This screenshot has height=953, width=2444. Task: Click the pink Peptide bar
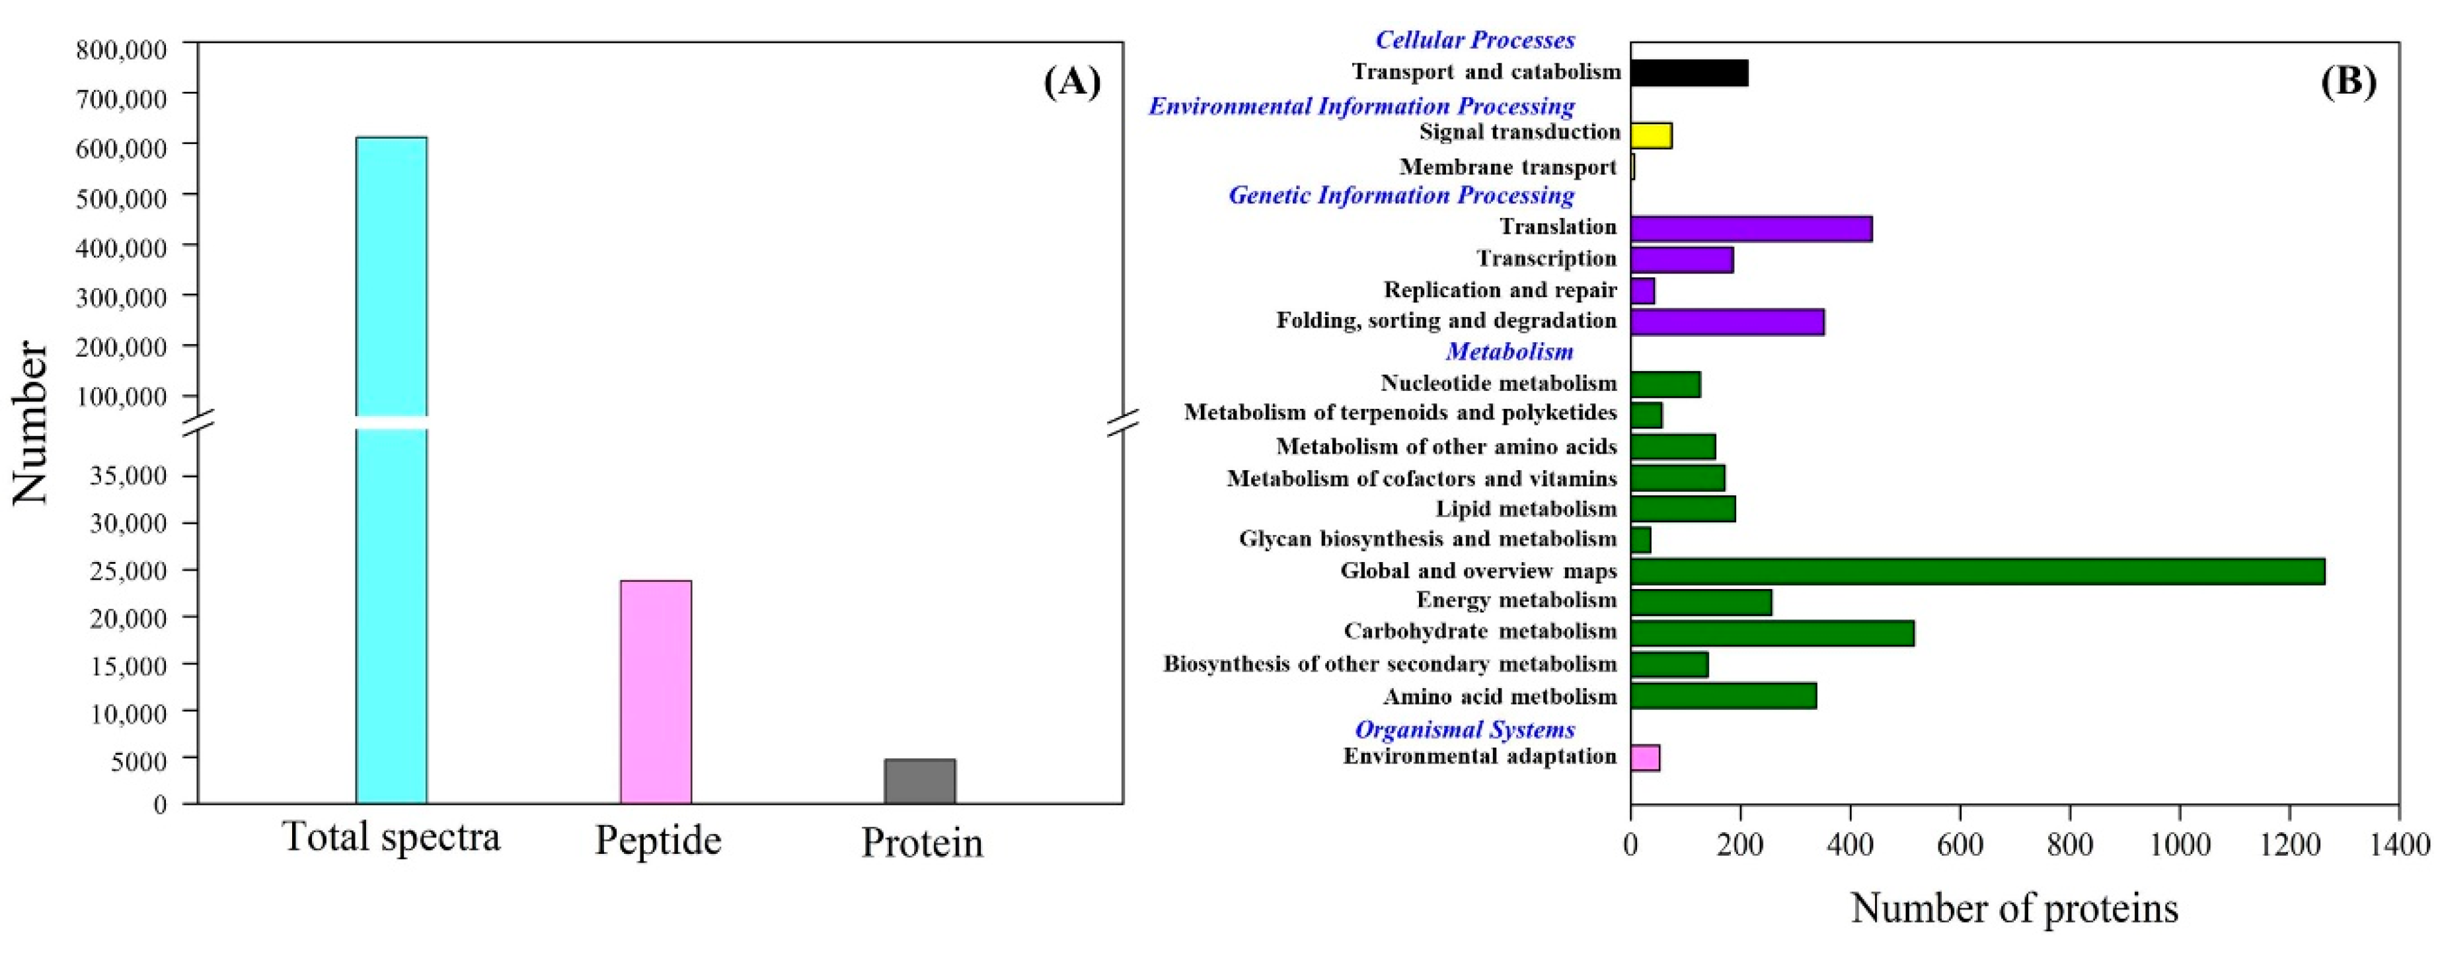click(x=656, y=691)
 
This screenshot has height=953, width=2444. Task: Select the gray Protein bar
click(x=919, y=781)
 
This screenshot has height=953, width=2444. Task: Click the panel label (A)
click(x=1072, y=83)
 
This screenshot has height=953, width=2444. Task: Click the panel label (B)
click(x=2348, y=83)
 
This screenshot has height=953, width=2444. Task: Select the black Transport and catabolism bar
click(x=1689, y=73)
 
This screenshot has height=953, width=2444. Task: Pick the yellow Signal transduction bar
click(x=1651, y=135)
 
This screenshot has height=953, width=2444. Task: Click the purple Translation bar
click(x=1751, y=229)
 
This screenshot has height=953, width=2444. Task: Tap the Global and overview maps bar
click(x=1977, y=572)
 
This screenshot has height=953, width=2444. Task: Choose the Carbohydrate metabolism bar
click(x=1771, y=633)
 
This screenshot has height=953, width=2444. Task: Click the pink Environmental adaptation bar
click(x=1645, y=758)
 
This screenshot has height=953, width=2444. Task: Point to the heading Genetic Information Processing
click(x=1401, y=195)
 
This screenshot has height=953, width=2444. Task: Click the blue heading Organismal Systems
click(x=1464, y=729)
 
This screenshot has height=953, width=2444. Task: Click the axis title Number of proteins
click(x=2014, y=909)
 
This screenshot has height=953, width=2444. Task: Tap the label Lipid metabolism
click(x=1525, y=509)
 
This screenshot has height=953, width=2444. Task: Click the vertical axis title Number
click(x=30, y=422)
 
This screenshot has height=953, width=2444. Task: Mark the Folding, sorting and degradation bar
click(x=1727, y=322)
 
